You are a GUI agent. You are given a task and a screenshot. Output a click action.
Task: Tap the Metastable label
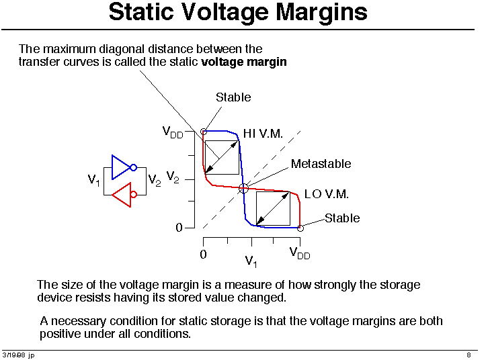321,164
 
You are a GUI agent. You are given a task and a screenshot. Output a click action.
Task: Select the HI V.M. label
263,134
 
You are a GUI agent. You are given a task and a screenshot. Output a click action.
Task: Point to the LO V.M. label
326,194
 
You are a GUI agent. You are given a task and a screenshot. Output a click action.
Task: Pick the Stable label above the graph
233,97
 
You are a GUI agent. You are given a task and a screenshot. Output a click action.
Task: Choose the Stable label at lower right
342,218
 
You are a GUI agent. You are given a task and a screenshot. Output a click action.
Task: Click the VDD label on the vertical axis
173,132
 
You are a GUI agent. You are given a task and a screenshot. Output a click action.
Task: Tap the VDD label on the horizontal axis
300,253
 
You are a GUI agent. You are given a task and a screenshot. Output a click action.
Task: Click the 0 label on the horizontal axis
203,255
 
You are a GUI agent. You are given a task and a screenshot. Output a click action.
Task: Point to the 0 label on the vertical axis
179,228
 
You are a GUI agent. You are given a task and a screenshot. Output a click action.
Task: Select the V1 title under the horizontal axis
251,261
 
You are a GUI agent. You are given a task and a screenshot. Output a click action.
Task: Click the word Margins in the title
321,13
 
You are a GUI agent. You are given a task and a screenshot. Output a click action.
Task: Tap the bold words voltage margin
244,62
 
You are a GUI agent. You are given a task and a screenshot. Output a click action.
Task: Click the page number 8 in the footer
469,355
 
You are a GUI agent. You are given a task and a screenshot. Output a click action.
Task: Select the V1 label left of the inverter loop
93,180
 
